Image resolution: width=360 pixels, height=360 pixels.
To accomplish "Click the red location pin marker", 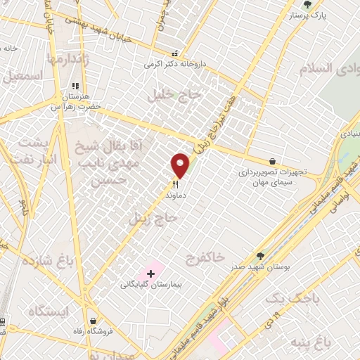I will pos(180,165).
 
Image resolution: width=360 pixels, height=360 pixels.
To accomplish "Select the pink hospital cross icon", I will pos(150,273).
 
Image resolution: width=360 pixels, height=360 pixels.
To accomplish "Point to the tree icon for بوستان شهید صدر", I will pos(261,256).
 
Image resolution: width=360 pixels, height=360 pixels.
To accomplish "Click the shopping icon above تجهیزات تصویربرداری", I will pos(272,161).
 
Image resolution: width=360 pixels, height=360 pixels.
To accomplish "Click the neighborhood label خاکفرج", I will pos(206,258).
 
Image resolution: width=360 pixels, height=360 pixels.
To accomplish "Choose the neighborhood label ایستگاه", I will pos(49,310).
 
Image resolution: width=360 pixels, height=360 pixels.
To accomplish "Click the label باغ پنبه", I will pos(328,343).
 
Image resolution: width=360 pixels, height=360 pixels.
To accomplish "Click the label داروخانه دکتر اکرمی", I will pos(172,64).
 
